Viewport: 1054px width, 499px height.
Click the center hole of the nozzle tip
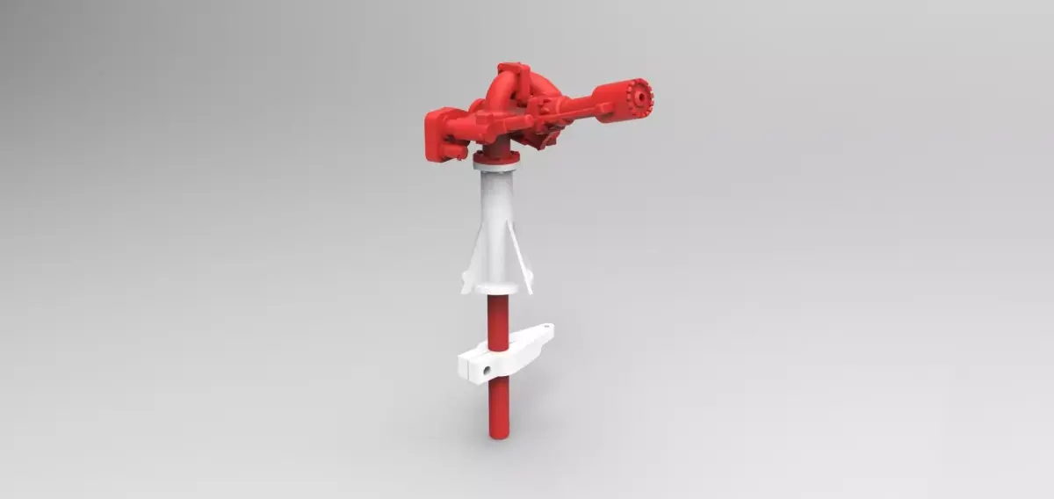click(x=645, y=94)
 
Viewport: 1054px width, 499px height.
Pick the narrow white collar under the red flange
click(x=496, y=167)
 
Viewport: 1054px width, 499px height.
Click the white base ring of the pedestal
click(x=496, y=288)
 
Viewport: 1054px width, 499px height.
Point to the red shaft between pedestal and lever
click(x=496, y=321)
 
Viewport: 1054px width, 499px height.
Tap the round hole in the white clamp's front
click(x=484, y=372)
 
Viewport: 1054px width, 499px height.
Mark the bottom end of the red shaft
click(x=497, y=436)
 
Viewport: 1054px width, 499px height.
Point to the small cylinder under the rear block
click(x=453, y=154)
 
